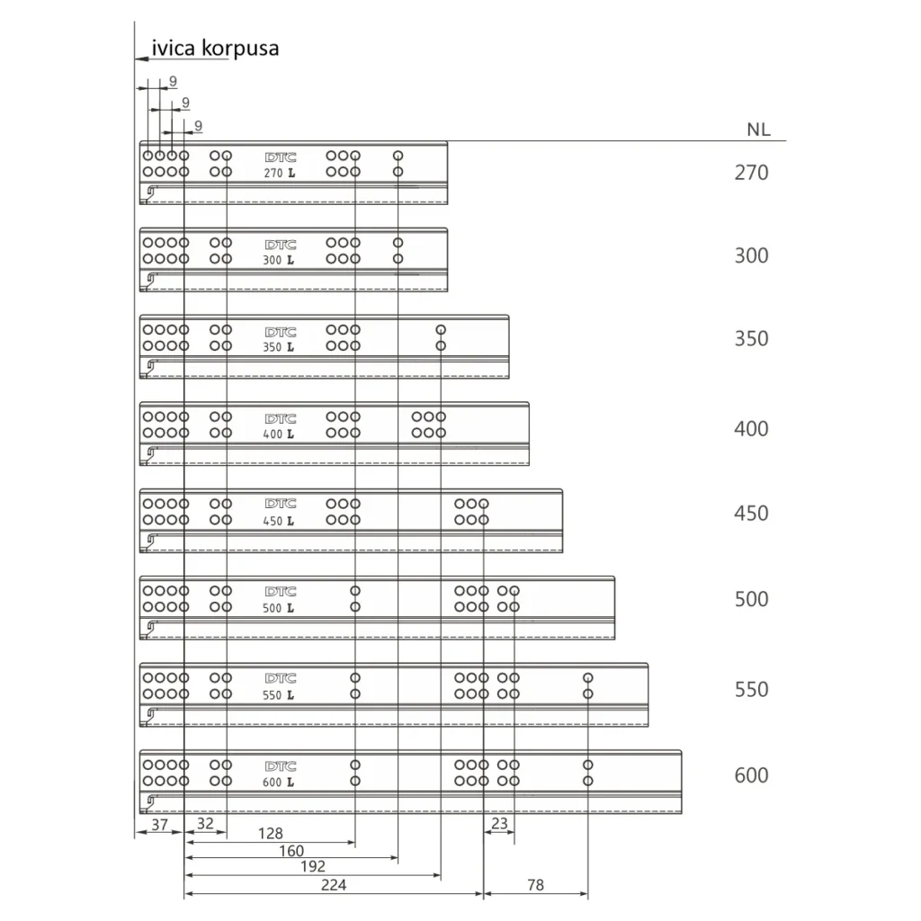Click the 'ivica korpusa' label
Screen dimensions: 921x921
tap(215, 48)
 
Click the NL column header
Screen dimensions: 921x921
tap(758, 130)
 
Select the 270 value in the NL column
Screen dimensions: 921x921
tap(751, 172)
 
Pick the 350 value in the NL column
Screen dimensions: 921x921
tap(751, 339)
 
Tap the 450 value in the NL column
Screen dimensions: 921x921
tap(751, 514)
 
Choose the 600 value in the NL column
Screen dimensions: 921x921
tap(751, 775)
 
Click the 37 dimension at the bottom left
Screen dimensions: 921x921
tap(159, 824)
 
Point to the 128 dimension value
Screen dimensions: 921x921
tap(271, 834)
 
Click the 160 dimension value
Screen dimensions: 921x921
tap(291, 851)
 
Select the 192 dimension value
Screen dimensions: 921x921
tap(313, 867)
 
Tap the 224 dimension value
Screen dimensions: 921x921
tap(334, 885)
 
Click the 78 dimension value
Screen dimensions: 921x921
tap(535, 885)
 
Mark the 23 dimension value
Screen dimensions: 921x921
tap(500, 824)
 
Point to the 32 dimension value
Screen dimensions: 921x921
tap(205, 824)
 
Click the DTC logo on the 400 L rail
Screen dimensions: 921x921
tap(280, 418)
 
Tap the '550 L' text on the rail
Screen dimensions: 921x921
tap(279, 695)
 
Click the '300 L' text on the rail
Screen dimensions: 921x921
tap(279, 260)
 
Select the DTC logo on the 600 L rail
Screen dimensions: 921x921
tap(280, 766)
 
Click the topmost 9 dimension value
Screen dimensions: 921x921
tap(172, 82)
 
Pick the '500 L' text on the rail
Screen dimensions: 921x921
tap(279, 608)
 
